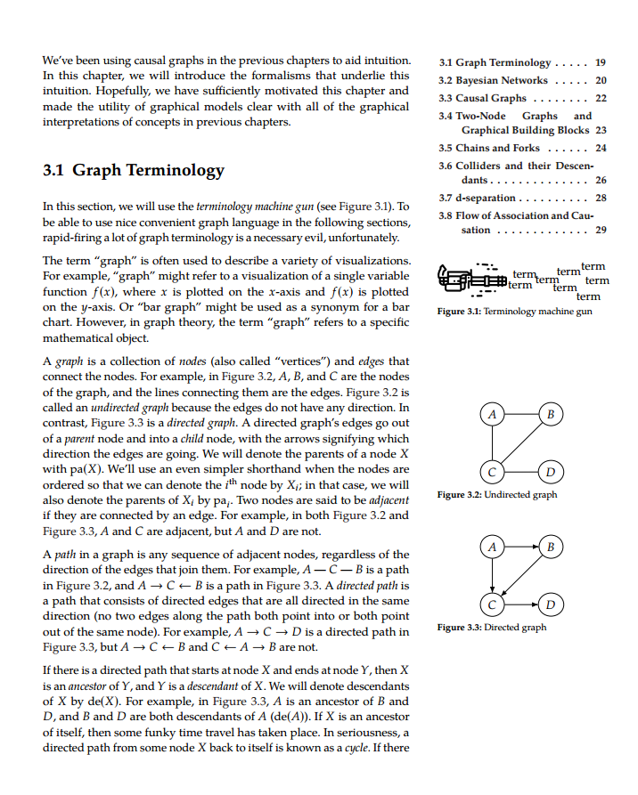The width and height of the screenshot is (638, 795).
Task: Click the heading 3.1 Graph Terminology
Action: tap(134, 170)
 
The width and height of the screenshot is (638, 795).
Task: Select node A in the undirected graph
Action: tap(490, 413)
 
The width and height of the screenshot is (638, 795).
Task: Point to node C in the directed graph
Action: tap(490, 603)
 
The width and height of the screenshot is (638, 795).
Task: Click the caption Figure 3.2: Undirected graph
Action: tap(497, 494)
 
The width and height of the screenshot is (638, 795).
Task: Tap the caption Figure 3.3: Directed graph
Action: tap(492, 628)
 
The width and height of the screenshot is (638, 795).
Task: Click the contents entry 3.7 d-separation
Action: tap(478, 198)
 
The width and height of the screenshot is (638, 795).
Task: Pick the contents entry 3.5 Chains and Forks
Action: tap(490, 148)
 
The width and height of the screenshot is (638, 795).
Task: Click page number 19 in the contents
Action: tap(601, 63)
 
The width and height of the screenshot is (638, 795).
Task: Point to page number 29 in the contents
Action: tap(601, 230)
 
